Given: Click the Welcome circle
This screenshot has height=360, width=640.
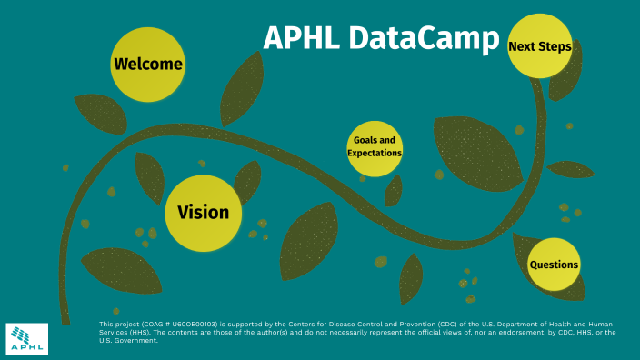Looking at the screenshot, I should [147, 65].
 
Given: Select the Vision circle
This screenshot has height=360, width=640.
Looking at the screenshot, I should [203, 213].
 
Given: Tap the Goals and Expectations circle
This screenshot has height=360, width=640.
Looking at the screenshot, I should [374, 147].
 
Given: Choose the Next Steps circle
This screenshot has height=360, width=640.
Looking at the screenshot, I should [539, 46].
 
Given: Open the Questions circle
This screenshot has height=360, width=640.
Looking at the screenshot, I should [554, 265].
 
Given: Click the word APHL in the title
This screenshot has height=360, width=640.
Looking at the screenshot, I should [303, 39].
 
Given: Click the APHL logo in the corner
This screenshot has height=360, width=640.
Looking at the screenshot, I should [27, 338].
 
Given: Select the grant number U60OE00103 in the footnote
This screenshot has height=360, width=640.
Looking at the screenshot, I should [189, 325].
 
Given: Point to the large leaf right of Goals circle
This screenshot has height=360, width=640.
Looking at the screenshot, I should [476, 150].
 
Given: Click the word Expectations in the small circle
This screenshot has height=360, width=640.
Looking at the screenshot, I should [374, 154].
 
